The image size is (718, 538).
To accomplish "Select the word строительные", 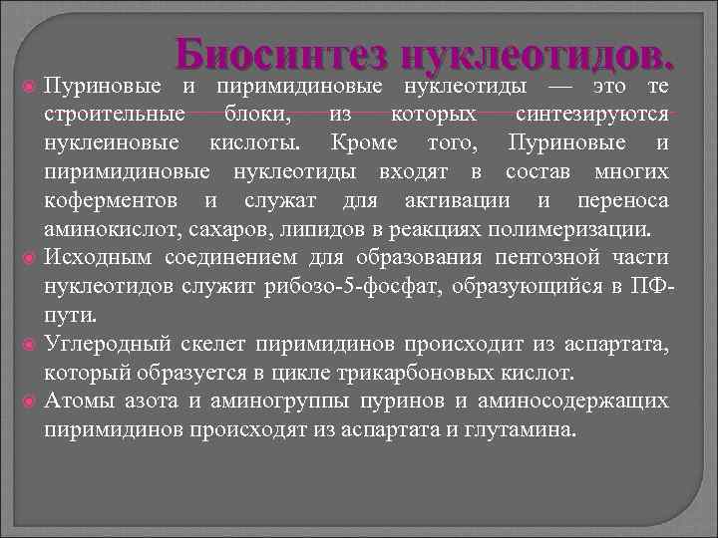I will coord(115,116).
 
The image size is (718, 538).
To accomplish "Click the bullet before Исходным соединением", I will coord(30,260).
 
